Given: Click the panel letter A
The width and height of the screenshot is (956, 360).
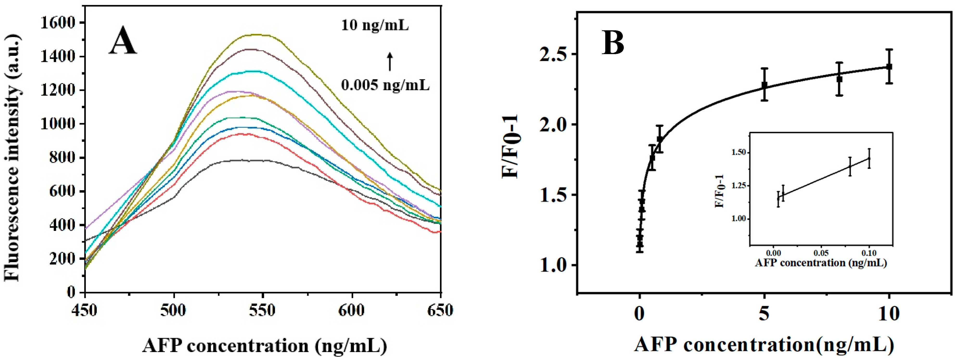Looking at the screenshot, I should pos(122,42).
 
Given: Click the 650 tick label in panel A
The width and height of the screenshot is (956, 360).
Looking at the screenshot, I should pos(440,310).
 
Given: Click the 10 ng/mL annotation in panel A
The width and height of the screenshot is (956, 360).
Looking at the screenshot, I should pos(375,25).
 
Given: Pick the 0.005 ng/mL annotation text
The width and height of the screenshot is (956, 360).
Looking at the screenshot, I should pos(385,85).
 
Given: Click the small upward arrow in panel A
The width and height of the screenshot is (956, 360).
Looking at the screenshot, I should pos(389,62).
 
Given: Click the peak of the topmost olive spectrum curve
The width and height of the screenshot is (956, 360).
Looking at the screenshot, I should pos(256,35).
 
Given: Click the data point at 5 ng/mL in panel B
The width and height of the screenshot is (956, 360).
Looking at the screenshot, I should pos(764,85).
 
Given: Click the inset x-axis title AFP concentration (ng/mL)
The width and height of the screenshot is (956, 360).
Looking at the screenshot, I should pos(821,263).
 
